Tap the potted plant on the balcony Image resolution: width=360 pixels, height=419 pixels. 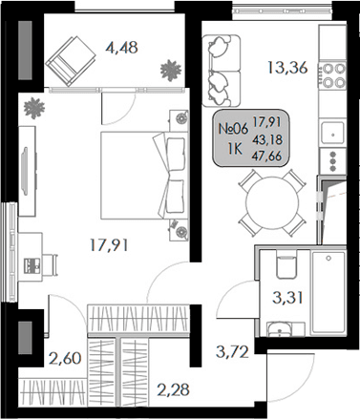171,70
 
